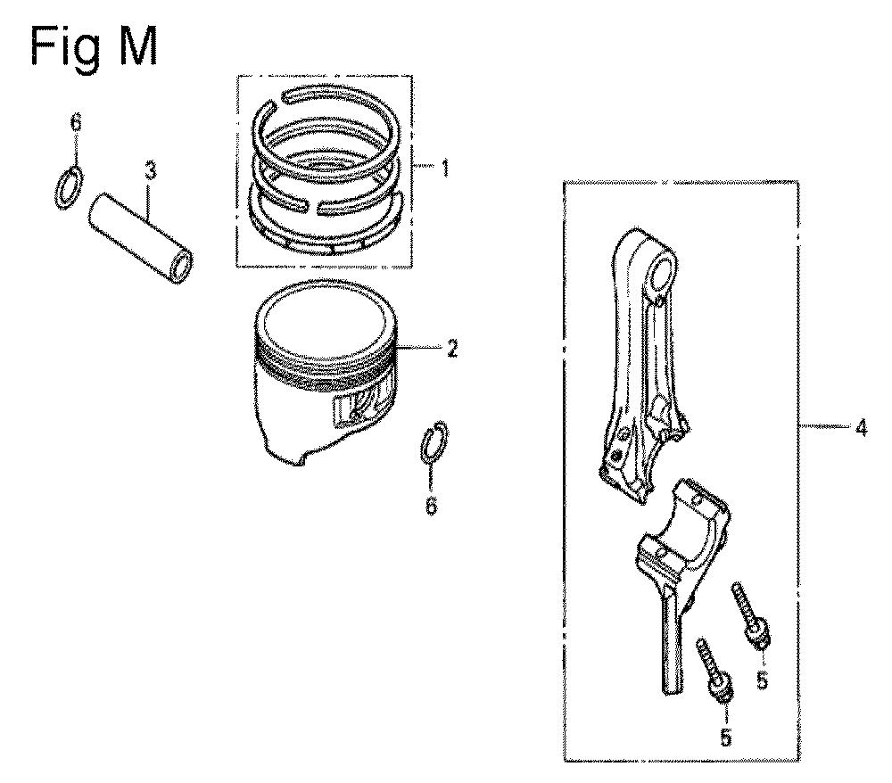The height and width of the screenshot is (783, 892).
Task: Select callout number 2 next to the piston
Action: tap(451, 348)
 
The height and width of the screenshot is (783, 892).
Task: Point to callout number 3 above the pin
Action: tap(150, 170)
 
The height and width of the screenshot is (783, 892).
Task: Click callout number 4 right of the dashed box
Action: tap(862, 427)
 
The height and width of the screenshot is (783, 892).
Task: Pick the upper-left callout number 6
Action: tap(76, 122)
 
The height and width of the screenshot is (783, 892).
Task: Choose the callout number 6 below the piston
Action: tap(431, 505)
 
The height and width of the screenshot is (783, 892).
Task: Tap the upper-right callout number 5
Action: tap(763, 680)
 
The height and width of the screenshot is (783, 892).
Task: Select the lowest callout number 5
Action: tap(725, 738)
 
